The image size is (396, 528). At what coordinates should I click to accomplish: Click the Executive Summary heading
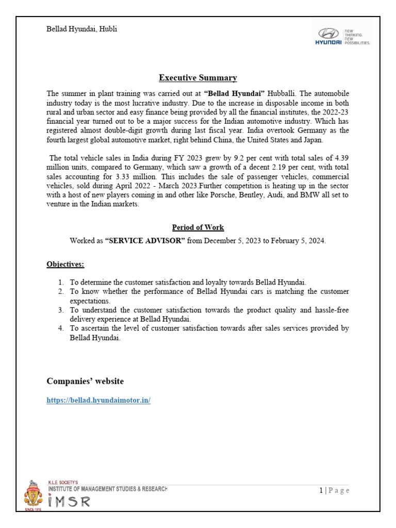coord(197,78)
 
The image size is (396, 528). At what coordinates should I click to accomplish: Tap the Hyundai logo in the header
coord(342,35)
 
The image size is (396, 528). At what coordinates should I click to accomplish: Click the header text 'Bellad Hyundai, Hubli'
coord(81,29)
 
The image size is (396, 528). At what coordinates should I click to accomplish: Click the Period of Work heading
coord(197,227)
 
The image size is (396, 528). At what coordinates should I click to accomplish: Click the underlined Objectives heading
coord(65,265)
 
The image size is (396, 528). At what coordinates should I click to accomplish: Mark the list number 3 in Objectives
coord(60,310)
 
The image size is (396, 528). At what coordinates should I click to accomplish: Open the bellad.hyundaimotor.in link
coord(98,400)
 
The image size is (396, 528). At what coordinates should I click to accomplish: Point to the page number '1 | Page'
coord(334,490)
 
